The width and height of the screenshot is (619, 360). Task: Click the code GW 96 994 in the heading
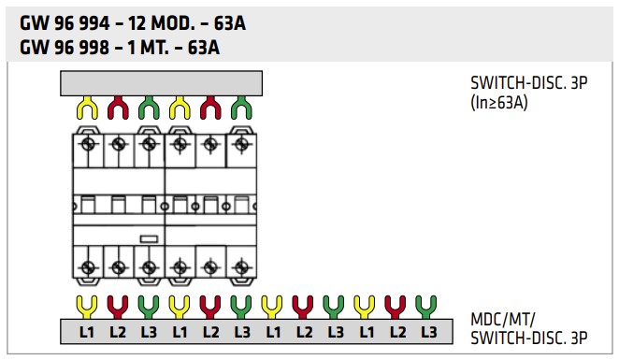(x=65, y=23)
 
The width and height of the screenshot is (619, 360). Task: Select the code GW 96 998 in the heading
(x=65, y=48)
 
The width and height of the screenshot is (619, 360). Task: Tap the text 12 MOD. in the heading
(x=161, y=23)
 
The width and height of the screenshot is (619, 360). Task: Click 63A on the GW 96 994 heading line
(x=230, y=23)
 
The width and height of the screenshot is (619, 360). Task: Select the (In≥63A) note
(x=499, y=103)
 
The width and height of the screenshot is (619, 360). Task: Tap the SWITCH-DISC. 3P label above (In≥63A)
(x=529, y=83)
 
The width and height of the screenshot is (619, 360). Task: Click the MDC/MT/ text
(x=502, y=320)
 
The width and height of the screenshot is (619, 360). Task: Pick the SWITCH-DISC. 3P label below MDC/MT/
(x=529, y=338)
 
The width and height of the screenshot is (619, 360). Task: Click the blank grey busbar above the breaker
(x=161, y=83)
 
